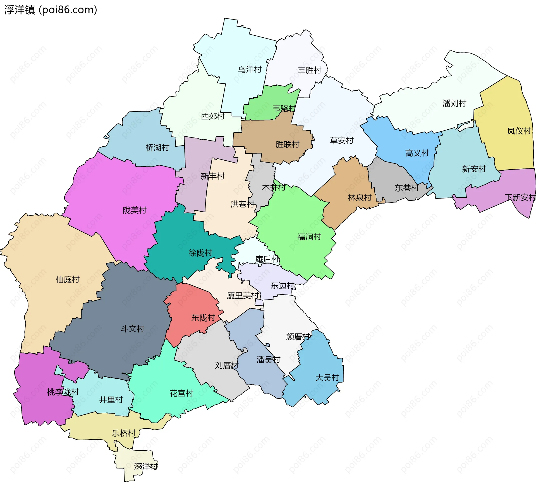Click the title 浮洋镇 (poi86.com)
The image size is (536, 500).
coord(51,10)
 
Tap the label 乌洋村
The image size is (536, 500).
coord(250,69)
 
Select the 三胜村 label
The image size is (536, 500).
coord(309,70)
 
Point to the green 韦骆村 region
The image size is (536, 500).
coord(268,103)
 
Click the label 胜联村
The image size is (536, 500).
coord(287,144)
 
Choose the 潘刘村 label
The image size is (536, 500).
coord(454,103)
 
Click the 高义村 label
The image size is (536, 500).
coord(417,153)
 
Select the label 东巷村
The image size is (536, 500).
coord(407,188)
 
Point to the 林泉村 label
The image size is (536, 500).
coord(360,198)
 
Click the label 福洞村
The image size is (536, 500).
coord(309,237)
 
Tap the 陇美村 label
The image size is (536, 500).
coord(135,210)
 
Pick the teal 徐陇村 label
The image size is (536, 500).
coord(200,253)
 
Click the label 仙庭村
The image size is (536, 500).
coord(68,279)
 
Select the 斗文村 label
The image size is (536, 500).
coord(132,329)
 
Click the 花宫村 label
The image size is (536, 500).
coord(181,393)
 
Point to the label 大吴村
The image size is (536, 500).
coord(327,378)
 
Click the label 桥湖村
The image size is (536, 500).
coord(157,148)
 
